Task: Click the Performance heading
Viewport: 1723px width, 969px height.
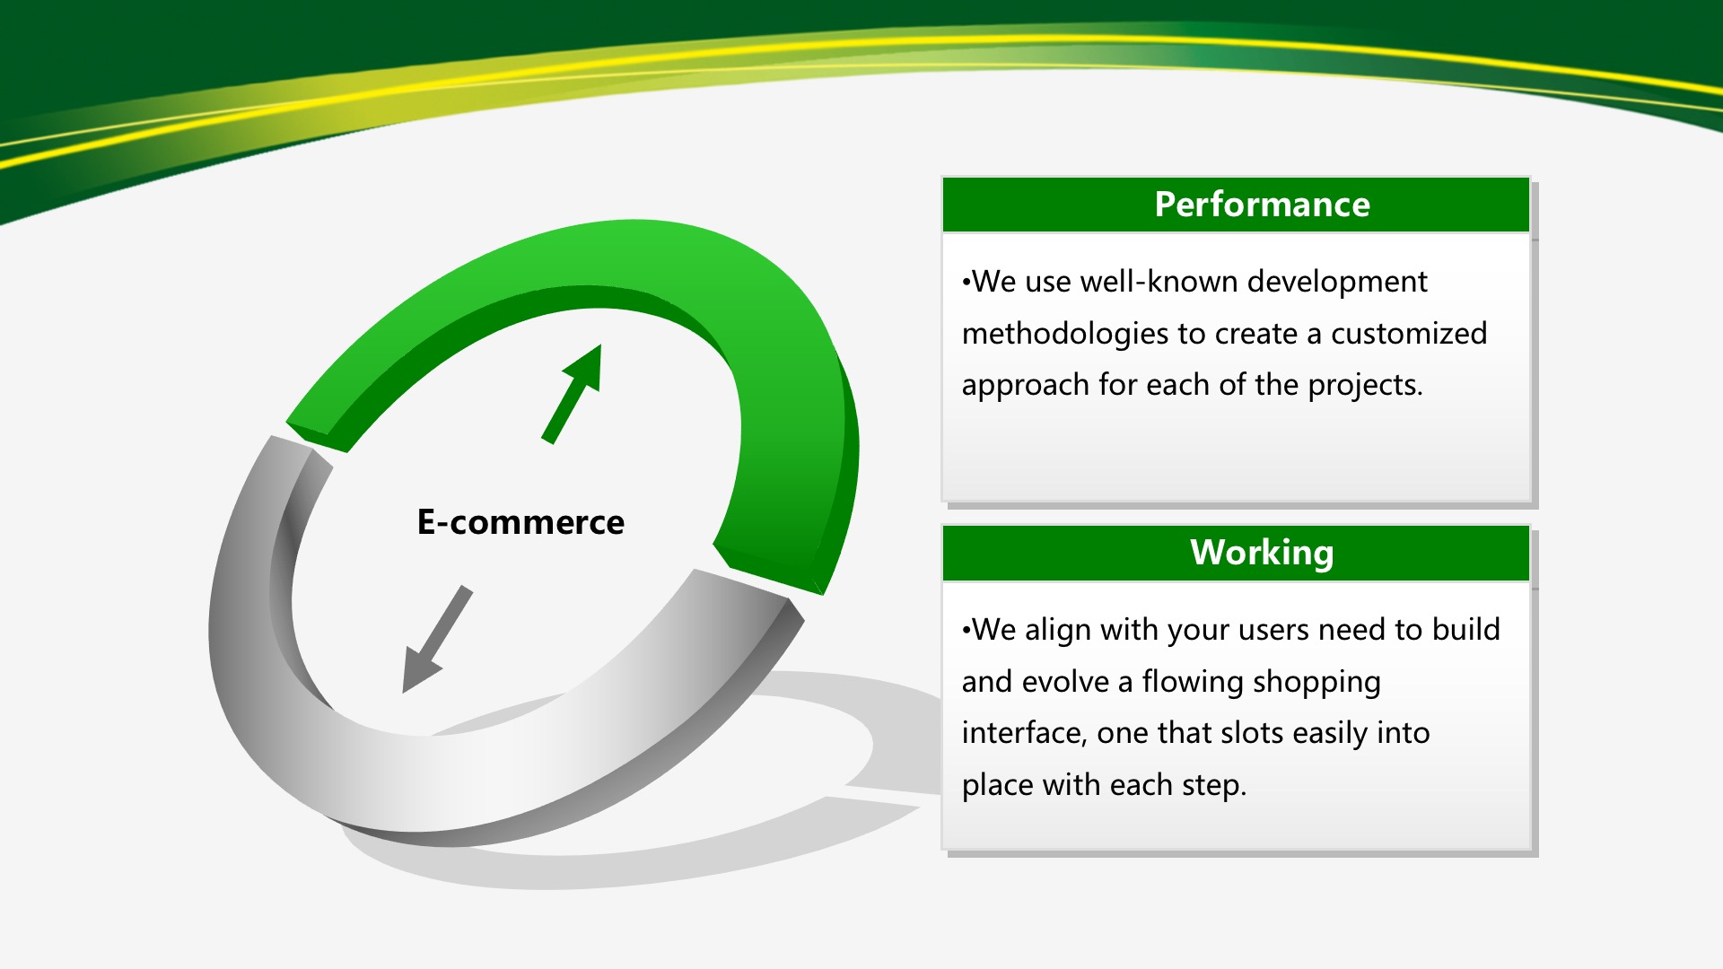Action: (1262, 205)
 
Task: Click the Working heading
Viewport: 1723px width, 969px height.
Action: (1262, 554)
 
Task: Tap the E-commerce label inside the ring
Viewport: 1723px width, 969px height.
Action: (520, 522)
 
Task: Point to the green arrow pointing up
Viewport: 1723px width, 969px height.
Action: (573, 394)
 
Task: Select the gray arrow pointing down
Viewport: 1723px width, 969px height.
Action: (436, 639)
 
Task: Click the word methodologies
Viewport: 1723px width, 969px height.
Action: (1064, 334)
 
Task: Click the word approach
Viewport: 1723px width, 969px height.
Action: (1025, 386)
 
